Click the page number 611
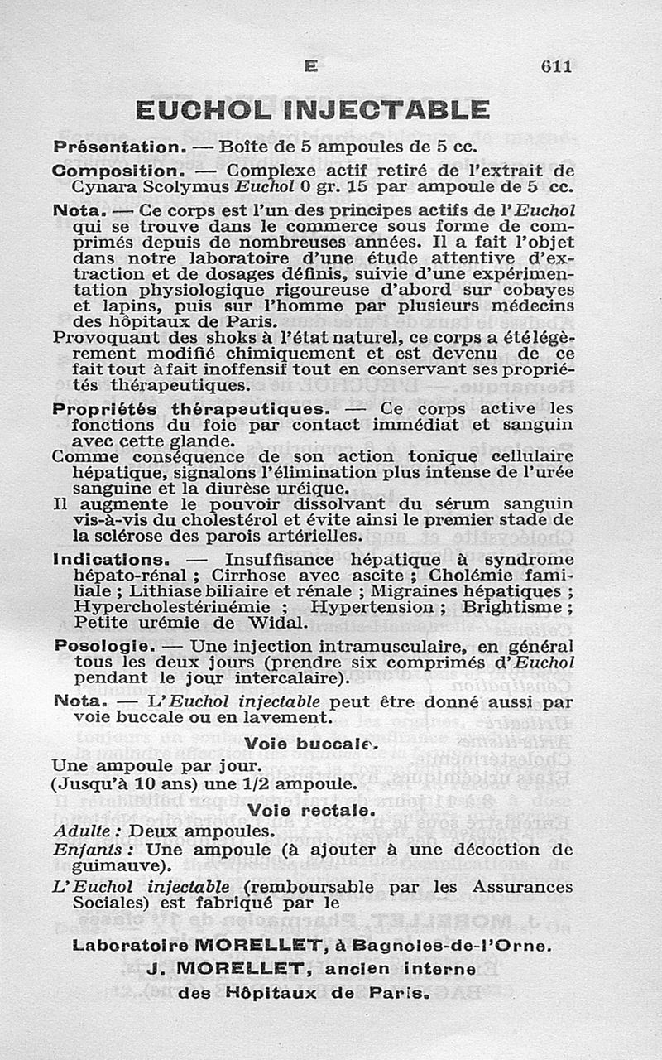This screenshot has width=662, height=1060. (556, 66)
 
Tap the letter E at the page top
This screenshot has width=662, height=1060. (310, 66)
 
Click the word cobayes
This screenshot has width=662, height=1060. (535, 290)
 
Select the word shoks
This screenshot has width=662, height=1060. (187, 338)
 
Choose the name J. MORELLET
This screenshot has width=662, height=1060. (228, 968)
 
